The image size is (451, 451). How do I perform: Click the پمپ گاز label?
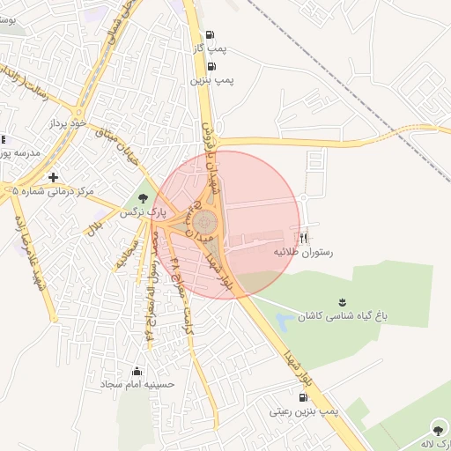[x=211, y=49]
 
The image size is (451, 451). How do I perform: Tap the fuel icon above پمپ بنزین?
[x=211, y=66]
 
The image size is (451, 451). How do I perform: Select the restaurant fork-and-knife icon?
[x=304, y=238]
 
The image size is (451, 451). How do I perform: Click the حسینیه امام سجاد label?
[x=138, y=385]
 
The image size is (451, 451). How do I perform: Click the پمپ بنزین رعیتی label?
[x=304, y=411]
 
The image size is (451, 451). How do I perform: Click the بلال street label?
[x=92, y=228]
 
